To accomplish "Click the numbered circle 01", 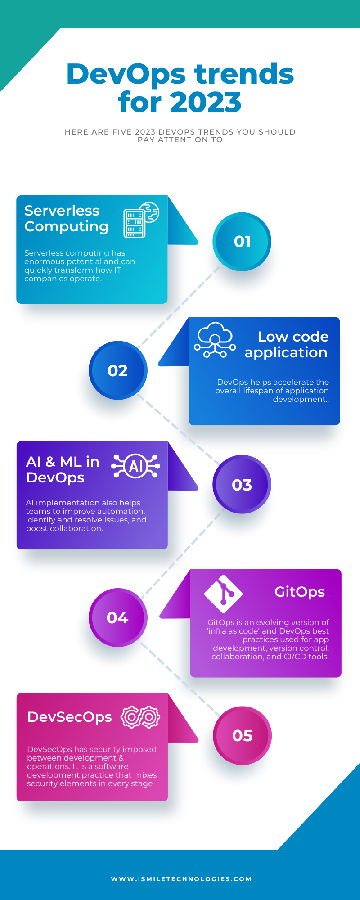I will (x=242, y=242).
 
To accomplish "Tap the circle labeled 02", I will (x=118, y=370).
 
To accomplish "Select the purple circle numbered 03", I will (x=242, y=485).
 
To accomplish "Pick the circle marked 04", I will (x=118, y=617).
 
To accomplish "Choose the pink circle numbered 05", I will (x=242, y=735).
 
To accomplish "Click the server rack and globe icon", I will (x=141, y=220).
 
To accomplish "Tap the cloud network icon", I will (x=215, y=340).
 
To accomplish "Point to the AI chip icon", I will (x=135, y=466).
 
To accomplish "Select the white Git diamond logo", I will (x=223, y=594).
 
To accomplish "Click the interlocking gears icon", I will (x=140, y=717).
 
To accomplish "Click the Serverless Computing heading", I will (x=67, y=218).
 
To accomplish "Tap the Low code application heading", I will (x=287, y=344).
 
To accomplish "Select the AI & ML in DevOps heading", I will (x=63, y=469).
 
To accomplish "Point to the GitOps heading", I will (x=299, y=592).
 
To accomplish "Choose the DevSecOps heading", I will (x=69, y=717).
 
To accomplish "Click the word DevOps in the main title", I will (x=126, y=74).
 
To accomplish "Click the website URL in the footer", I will (x=181, y=879).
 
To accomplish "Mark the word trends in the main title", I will (x=244, y=74).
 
